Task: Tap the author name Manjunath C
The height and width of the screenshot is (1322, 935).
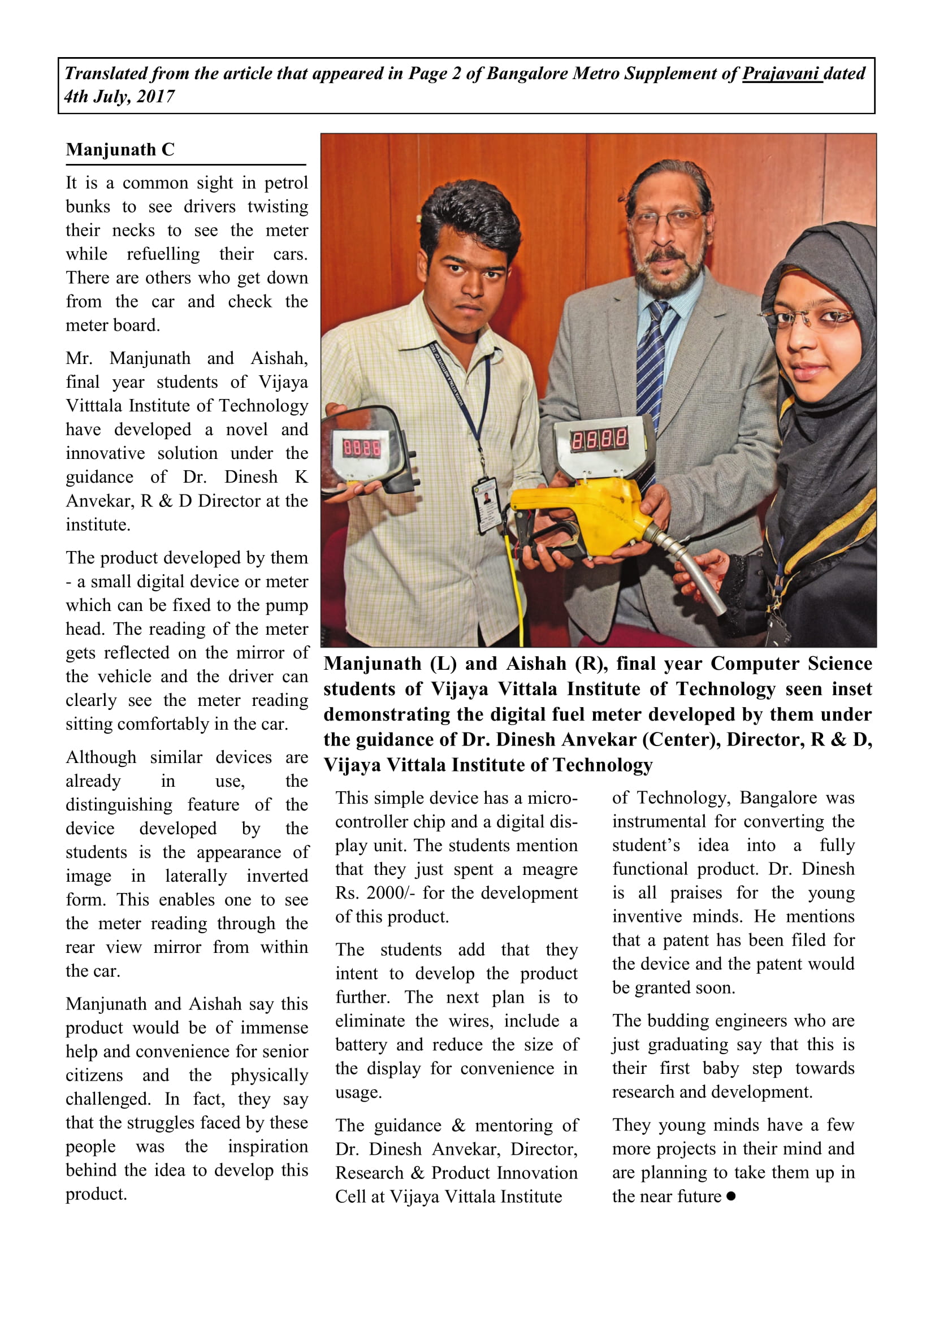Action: tap(120, 150)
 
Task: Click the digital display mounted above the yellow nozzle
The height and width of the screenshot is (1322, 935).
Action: tap(599, 440)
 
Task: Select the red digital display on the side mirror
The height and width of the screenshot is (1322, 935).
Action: tap(362, 448)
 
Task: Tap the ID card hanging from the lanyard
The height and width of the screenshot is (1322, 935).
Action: tap(487, 503)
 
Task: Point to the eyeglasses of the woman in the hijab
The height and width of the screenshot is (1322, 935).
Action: tap(806, 317)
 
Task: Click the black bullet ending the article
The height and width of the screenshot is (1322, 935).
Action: tap(731, 1196)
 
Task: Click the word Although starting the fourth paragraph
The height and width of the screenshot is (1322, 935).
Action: tap(101, 757)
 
